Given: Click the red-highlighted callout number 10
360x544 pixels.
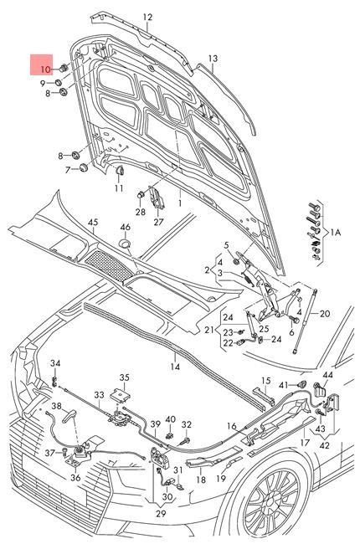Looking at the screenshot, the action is (x=45, y=69).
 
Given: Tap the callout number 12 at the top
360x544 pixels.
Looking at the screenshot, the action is (x=147, y=17).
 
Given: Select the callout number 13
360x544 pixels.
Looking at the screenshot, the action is (x=213, y=59).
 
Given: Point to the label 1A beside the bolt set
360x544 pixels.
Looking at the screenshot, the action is (x=335, y=232).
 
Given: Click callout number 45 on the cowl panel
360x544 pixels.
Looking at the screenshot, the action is (x=93, y=223).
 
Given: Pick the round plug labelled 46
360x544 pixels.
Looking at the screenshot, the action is (x=125, y=244).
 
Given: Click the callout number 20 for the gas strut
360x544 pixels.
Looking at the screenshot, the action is (x=325, y=314).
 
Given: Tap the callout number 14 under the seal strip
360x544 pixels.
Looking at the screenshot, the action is (x=175, y=367).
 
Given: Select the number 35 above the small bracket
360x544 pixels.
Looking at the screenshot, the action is (x=124, y=377).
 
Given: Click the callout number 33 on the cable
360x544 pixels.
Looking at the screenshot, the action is (x=99, y=395).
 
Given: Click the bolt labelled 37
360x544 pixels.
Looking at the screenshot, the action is (x=66, y=451).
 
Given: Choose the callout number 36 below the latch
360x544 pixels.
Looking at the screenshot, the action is (x=75, y=477).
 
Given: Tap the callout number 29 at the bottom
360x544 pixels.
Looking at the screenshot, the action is (x=161, y=513).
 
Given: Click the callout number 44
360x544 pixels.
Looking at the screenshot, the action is (x=327, y=375).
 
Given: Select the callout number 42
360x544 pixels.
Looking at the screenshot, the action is (x=324, y=444).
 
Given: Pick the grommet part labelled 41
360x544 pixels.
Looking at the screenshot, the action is (x=302, y=384).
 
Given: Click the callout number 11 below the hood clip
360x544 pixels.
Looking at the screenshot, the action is (x=119, y=188).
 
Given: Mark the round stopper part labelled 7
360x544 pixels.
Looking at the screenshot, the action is (x=83, y=168).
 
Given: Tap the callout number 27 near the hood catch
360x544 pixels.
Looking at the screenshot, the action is (x=158, y=221).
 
